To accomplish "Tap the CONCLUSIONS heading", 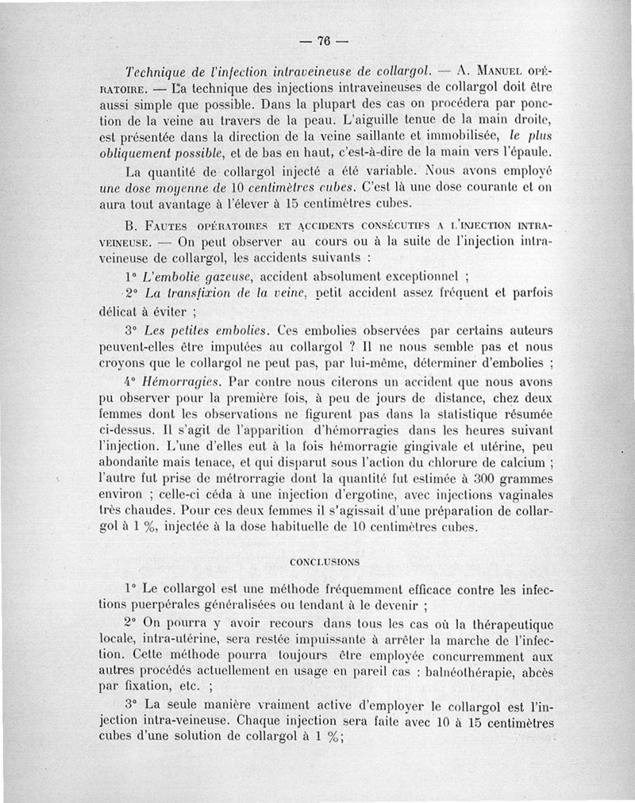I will click(x=324, y=561).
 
